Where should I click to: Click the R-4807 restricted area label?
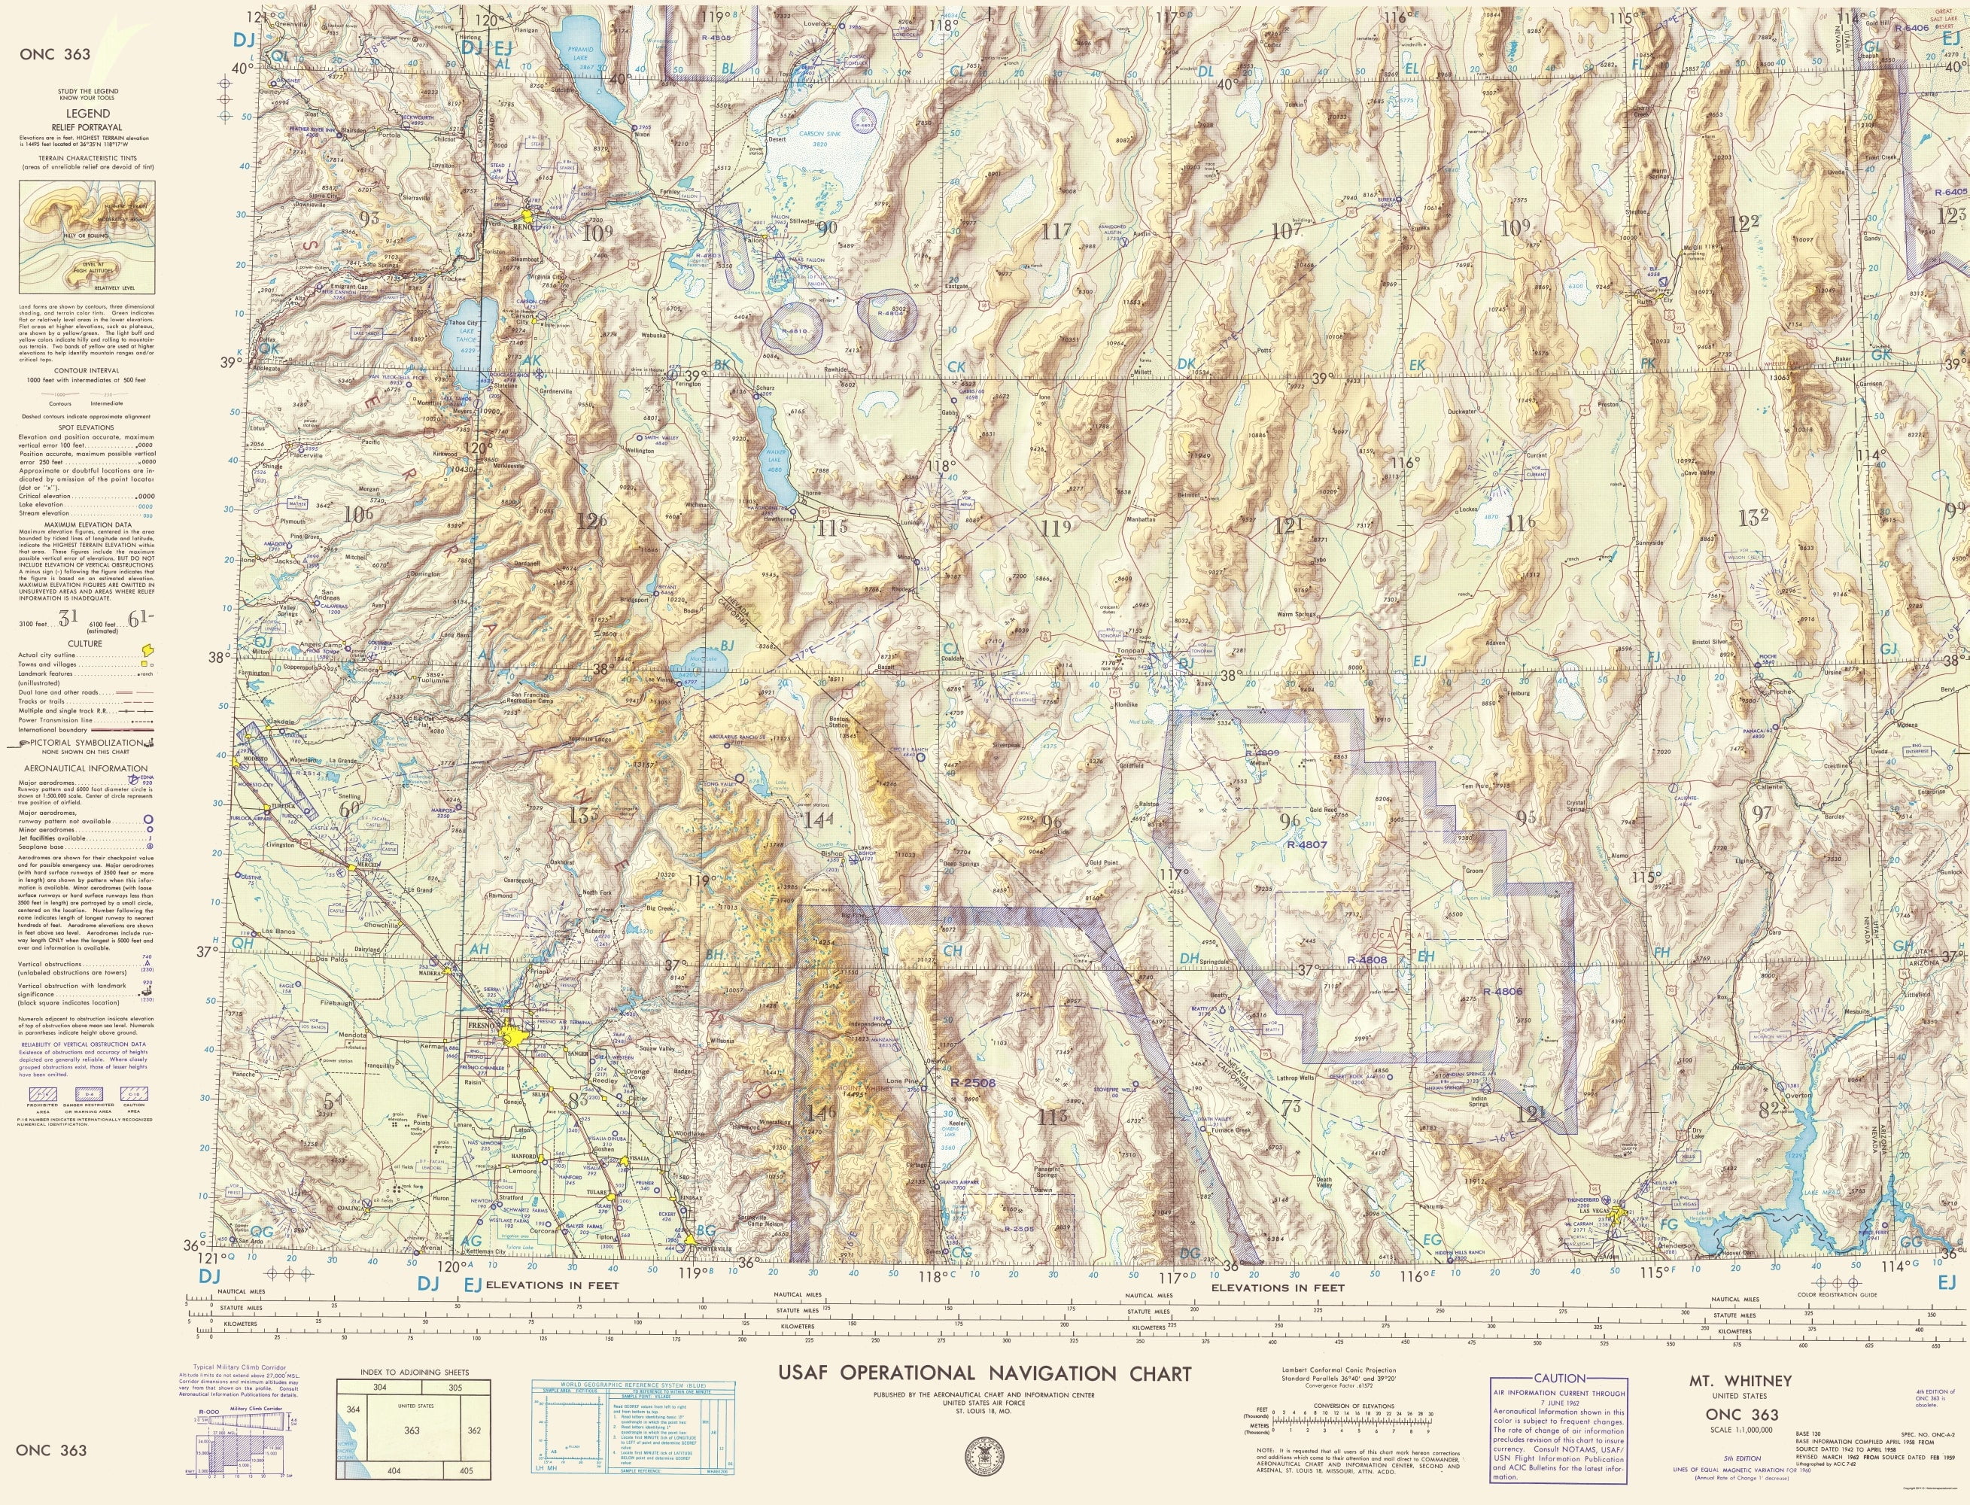point(1306,844)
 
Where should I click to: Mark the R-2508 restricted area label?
point(973,1082)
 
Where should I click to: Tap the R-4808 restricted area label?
point(1367,959)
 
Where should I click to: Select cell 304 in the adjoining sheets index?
point(380,1387)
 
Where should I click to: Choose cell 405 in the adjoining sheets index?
point(465,1470)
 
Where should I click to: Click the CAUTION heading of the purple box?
point(1559,1379)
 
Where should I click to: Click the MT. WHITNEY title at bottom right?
point(1728,1382)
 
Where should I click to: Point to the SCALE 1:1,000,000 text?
point(1728,1430)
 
